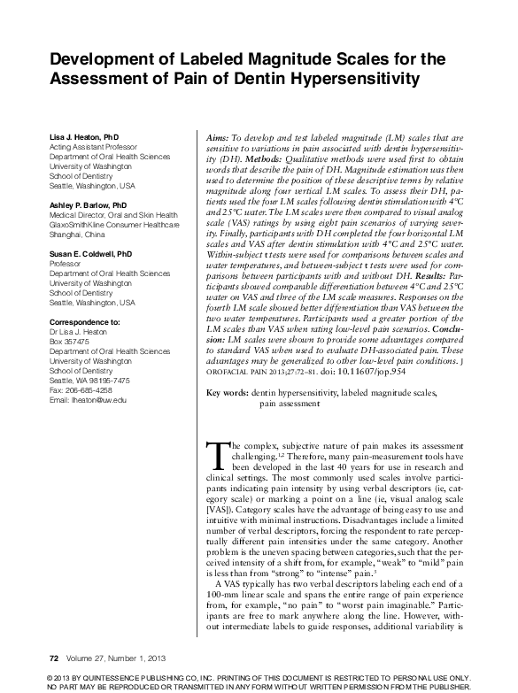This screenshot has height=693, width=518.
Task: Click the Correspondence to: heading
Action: (x=83, y=320)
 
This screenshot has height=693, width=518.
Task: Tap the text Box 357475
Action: (x=68, y=341)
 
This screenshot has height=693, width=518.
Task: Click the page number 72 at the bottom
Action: (x=54, y=657)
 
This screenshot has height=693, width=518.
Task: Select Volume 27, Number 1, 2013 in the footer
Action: (x=111, y=657)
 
